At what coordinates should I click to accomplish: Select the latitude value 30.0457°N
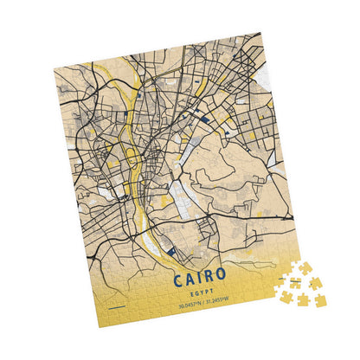pos(190,305)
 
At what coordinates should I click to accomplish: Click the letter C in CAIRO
pos(178,279)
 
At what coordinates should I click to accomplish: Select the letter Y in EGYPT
pos(208,294)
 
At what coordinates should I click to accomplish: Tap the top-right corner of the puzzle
pos(260,34)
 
